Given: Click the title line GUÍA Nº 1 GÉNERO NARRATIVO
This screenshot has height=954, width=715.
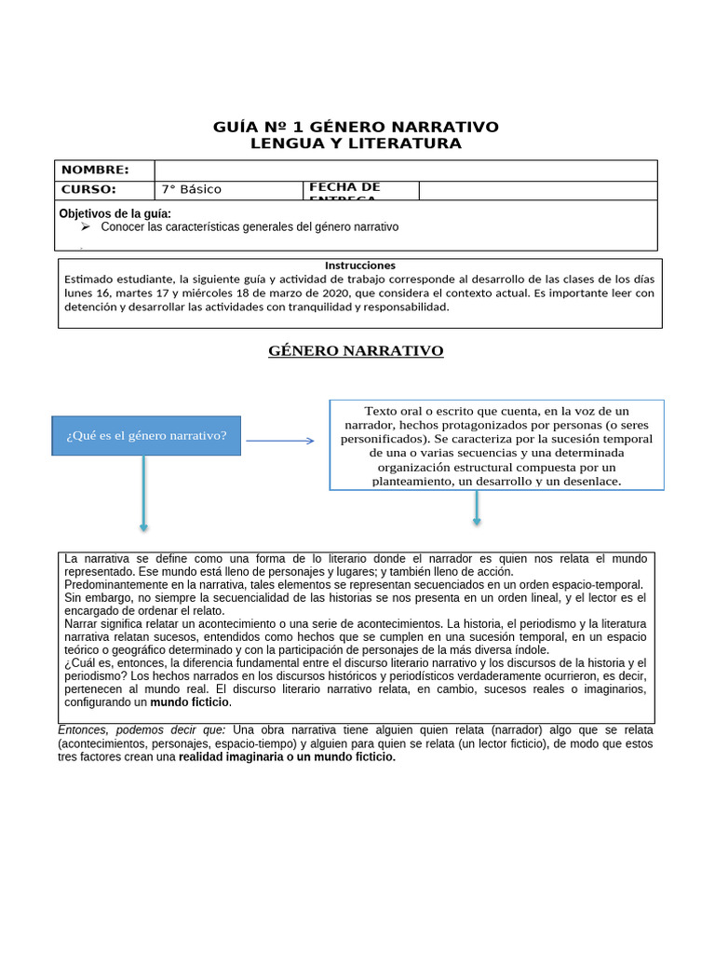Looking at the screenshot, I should (357, 127).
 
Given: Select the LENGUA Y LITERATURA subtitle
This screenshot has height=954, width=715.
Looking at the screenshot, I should (357, 143).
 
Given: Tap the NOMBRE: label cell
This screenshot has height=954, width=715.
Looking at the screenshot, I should (95, 170).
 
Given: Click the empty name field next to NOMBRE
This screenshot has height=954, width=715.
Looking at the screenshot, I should (405, 170).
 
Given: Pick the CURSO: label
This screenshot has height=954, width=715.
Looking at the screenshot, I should (88, 189).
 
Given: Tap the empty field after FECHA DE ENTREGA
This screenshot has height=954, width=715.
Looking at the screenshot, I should (537, 190).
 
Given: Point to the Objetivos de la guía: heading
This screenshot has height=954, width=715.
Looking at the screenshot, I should (115, 213).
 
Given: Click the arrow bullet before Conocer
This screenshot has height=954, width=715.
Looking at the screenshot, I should (85, 226).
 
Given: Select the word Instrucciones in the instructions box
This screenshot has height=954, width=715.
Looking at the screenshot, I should (359, 266).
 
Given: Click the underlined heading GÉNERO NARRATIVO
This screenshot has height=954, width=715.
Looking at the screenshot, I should (356, 351).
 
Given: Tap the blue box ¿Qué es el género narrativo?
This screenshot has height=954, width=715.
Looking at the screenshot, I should (146, 436).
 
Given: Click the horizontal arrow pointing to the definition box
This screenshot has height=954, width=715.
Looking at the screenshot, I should (279, 441).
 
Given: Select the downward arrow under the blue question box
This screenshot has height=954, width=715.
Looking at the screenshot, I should (143, 494).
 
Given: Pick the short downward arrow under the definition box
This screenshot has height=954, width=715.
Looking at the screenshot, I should (477, 508).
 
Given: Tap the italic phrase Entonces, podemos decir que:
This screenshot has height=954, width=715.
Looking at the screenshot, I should (142, 729).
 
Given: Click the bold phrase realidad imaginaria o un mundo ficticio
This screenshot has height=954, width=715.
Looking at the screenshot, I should (287, 757).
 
